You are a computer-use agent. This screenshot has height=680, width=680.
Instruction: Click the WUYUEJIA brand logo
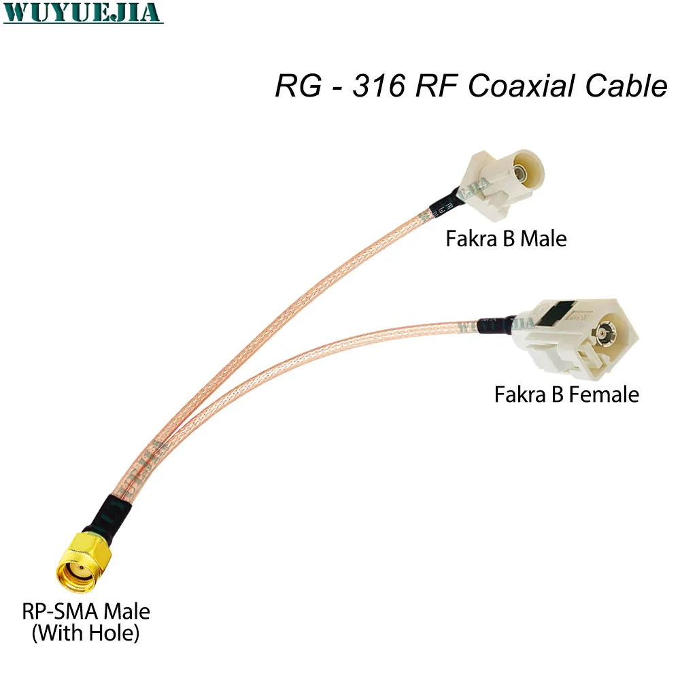tap(83, 14)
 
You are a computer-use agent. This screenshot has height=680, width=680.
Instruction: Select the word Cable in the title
tap(630, 86)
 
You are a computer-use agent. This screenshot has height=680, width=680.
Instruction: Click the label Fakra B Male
tap(506, 239)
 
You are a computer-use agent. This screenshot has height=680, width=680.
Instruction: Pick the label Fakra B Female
tap(566, 394)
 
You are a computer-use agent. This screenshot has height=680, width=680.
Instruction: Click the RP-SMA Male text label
tap(86, 611)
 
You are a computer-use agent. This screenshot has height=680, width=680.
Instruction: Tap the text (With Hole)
tap(86, 634)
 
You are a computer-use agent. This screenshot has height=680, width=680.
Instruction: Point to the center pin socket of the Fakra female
tap(602, 334)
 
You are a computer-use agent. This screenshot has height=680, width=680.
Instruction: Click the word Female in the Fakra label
tap(605, 394)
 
